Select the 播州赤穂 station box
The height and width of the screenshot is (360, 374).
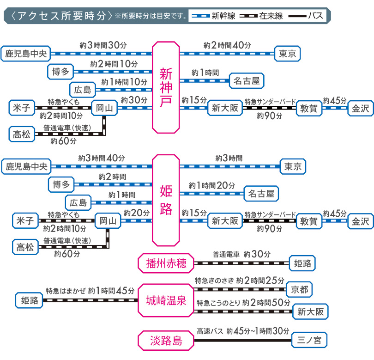point(166,263)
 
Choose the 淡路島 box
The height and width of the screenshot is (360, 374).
point(166,341)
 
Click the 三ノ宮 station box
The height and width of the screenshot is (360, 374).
point(309,341)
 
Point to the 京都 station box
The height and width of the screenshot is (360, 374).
point(299,290)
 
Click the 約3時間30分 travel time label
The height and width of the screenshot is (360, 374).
point(103,45)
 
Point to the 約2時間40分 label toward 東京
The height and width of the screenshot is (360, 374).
point(227,45)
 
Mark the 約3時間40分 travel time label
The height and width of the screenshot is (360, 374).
point(102,158)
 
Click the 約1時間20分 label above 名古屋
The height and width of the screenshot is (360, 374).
point(212,185)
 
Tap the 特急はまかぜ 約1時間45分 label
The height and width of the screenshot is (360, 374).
point(90,291)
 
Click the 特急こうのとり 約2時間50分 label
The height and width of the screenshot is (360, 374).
point(243,303)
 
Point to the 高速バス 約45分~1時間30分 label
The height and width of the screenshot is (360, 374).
point(243,331)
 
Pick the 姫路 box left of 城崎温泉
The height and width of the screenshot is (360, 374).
point(29,300)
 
